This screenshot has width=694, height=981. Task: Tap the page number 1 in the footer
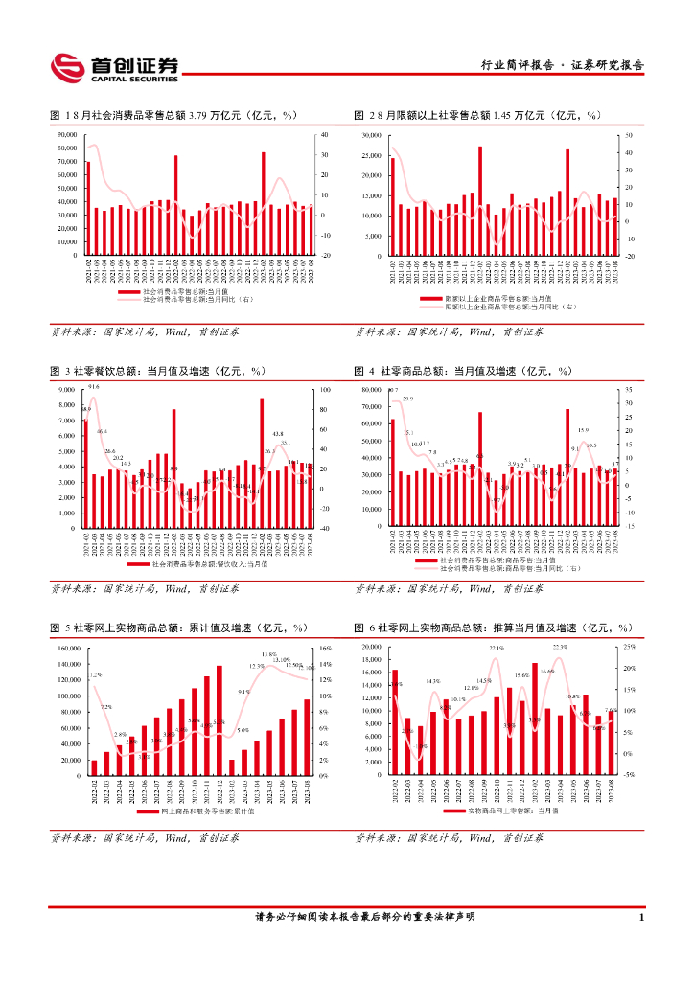[640, 918]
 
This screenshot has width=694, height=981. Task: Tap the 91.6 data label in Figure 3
[93, 387]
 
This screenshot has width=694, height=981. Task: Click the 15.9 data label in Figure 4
[583, 431]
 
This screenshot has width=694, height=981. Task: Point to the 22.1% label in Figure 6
[496, 649]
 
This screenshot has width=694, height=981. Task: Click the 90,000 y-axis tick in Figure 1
[67, 135]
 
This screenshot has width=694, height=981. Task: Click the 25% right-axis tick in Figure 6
[630, 648]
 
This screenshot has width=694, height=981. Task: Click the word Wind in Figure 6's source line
[473, 837]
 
